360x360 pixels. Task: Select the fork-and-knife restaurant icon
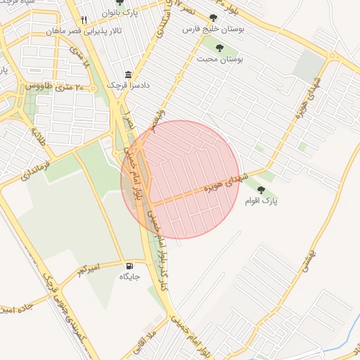84,20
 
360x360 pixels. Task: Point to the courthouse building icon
128,75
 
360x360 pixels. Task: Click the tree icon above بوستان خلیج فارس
213,18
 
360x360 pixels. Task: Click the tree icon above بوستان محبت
219,49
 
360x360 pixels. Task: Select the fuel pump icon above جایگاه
129,266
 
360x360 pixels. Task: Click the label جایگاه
129,277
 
